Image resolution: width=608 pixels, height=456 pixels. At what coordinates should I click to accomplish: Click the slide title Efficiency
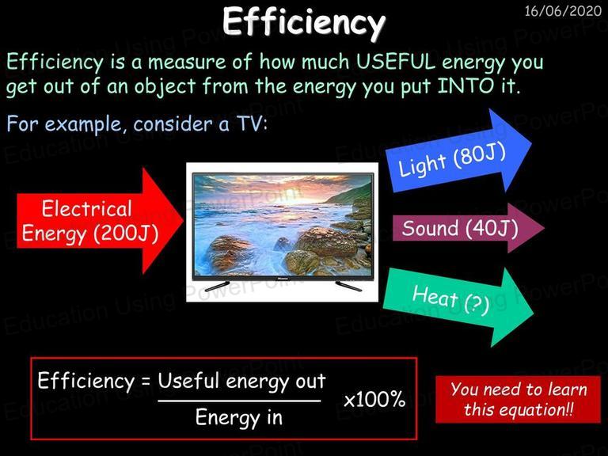(304, 22)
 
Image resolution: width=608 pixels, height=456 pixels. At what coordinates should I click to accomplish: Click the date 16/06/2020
(563, 11)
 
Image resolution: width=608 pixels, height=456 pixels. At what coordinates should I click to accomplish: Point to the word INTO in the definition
(465, 85)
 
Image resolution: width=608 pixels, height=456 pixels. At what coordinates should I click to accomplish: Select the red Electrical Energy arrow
(100, 221)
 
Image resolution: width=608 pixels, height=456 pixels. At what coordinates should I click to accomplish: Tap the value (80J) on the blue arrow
(479, 155)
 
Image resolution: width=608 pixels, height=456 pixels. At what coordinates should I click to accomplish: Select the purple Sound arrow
(469, 228)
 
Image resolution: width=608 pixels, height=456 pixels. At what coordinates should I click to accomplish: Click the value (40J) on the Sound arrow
(492, 228)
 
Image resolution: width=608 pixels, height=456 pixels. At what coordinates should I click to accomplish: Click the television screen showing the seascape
(283, 225)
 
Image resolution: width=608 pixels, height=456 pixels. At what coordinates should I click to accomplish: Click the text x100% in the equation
(374, 399)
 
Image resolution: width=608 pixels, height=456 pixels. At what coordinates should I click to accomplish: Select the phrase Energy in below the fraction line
(239, 418)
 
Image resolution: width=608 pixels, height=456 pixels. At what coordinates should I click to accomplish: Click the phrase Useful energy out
(241, 381)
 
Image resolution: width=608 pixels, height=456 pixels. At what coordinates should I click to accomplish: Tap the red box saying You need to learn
(518, 399)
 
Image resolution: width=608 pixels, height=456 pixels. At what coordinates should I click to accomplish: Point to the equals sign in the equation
(146, 381)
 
